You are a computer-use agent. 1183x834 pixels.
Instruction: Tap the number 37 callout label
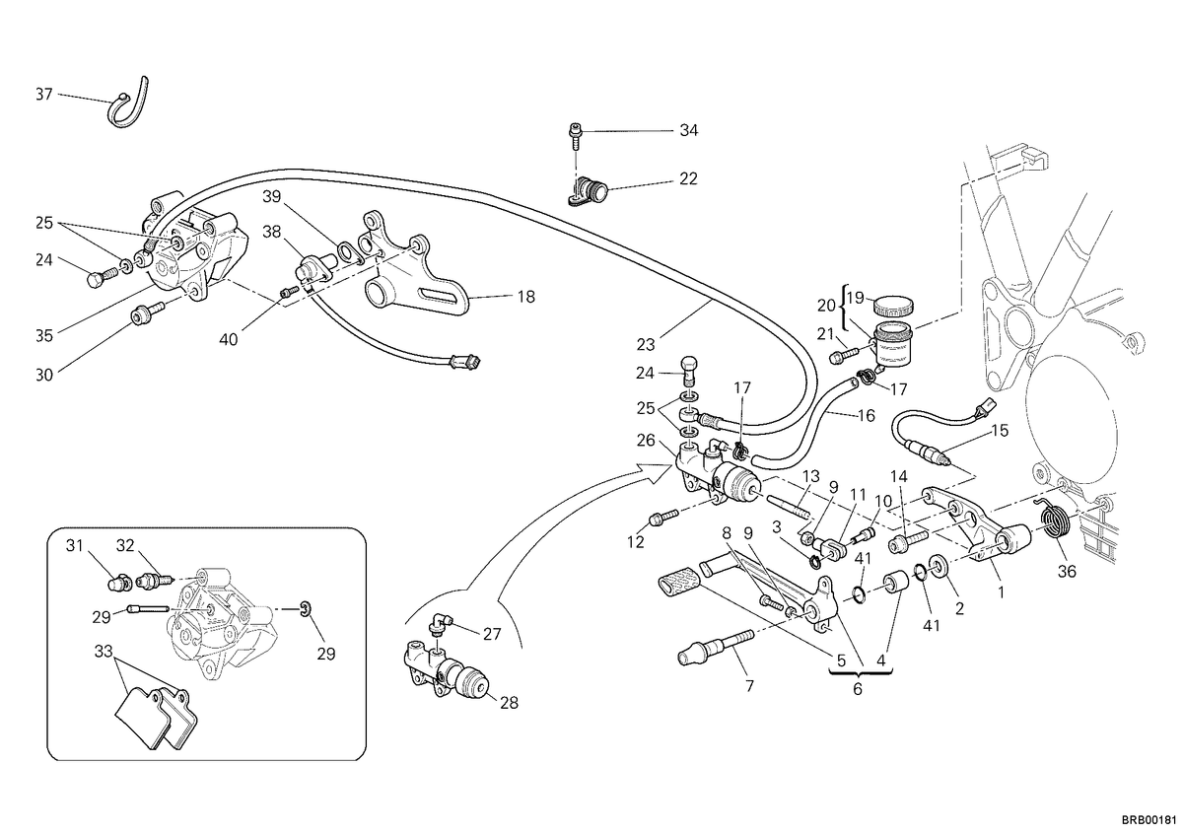[44, 95]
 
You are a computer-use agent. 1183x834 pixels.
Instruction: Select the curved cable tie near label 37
[129, 104]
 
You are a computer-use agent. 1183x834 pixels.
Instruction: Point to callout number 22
[688, 179]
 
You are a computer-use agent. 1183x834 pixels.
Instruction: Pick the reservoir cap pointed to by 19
[893, 305]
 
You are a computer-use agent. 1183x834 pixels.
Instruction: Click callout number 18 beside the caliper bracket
[526, 297]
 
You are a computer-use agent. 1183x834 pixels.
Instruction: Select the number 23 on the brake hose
[646, 345]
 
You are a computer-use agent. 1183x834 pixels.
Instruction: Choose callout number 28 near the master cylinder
[509, 703]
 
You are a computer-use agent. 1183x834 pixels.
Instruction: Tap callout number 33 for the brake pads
[104, 652]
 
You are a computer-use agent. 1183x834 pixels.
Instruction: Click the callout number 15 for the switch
[1000, 431]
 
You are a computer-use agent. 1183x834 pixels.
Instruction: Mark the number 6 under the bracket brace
[857, 689]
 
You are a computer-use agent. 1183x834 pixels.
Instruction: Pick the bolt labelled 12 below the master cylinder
[662, 518]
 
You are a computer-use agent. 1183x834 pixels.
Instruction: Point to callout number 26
[646, 440]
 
